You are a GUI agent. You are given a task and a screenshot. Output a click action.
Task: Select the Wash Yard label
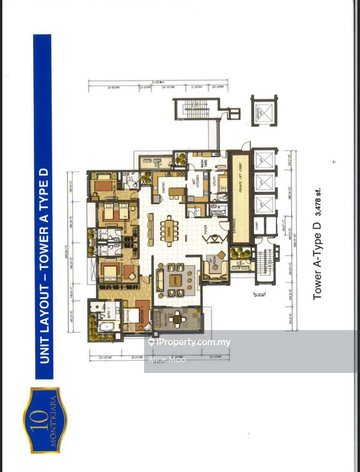click(204, 162)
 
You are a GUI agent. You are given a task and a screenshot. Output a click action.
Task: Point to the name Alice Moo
click(167, 359)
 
